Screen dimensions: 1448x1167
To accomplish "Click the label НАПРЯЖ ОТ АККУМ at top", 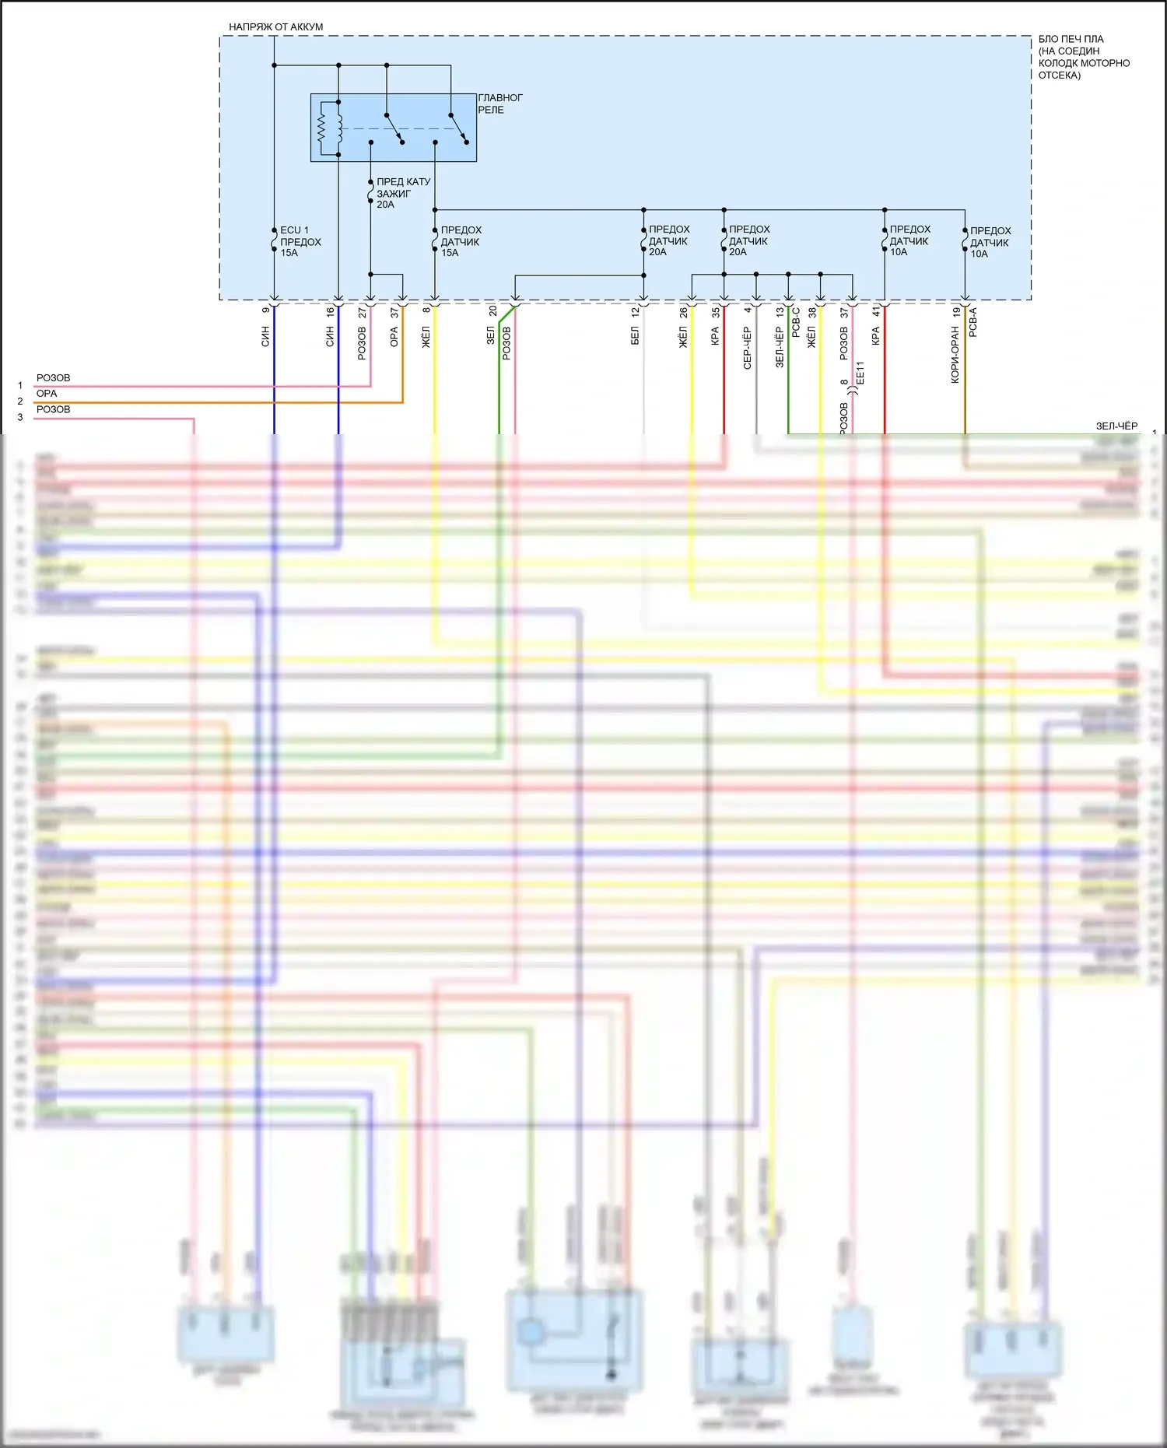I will point(275,27).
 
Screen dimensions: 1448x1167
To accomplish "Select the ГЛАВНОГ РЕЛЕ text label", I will point(499,103).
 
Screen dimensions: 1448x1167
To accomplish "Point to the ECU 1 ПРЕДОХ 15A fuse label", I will point(300,241).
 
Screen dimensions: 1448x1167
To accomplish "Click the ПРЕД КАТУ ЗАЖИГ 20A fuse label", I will point(402,193).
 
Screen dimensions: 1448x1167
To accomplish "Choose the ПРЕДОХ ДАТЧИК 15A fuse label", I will point(461,241).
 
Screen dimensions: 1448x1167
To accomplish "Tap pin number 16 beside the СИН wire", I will point(331,311).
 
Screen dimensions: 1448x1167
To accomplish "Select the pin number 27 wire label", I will point(363,311).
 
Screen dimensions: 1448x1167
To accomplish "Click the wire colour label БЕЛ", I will point(635,336).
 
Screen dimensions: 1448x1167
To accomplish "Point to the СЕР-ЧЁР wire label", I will point(748,348).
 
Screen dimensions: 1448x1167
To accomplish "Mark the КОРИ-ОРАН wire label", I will point(955,355).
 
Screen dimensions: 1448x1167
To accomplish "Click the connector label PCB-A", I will point(972,322).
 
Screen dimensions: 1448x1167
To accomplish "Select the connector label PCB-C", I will point(796,322).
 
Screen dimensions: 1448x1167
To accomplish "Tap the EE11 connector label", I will point(860,373).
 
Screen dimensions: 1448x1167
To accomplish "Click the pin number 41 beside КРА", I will point(876,311).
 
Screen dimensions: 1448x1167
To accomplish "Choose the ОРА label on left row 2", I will point(47,394).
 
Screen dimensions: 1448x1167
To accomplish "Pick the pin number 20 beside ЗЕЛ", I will point(492,310).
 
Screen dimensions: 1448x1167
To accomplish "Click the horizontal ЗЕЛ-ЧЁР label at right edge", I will point(1116,426).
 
